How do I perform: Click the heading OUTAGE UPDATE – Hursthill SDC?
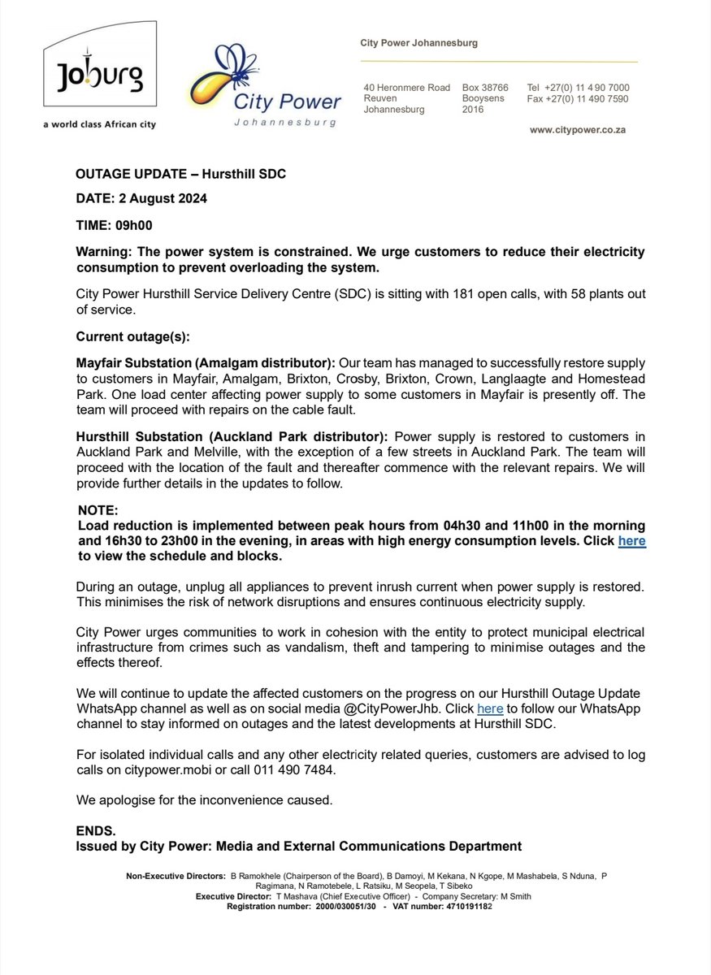tap(180, 175)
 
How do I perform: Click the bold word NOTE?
tap(98, 511)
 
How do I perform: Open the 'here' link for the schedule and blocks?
tap(631, 541)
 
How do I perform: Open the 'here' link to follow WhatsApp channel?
tap(489, 708)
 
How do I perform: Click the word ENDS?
tap(96, 831)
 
